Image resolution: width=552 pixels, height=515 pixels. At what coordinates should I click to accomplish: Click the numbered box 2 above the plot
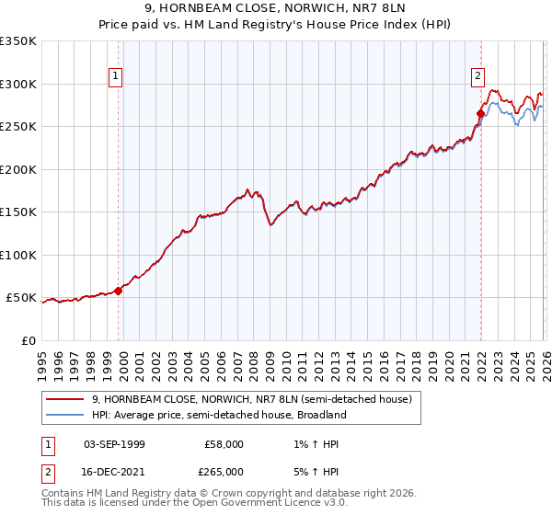[x=478, y=77]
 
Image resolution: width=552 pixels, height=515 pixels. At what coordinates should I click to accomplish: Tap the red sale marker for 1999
[x=118, y=291]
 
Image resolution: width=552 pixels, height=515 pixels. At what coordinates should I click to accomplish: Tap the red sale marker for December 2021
[x=480, y=114]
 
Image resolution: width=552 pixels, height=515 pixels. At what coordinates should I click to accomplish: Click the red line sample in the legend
[x=65, y=399]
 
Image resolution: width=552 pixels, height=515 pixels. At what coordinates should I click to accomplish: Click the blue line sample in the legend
[x=65, y=415]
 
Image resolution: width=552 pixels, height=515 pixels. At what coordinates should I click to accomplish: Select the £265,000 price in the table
[x=224, y=471]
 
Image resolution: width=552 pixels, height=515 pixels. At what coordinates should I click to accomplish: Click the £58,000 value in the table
[x=224, y=444]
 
